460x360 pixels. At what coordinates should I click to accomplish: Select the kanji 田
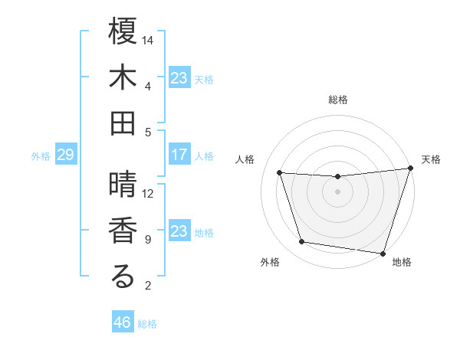123,123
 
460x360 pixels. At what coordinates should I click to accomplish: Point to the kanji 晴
123,185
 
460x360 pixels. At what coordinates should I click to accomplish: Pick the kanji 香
123,231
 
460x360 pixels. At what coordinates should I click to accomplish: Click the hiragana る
123,277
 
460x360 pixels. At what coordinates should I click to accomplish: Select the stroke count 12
149,193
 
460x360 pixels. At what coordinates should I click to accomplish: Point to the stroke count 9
148,240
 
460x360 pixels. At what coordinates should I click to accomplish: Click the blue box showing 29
65,155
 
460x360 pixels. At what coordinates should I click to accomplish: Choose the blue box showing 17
179,155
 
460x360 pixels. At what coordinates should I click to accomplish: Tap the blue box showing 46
123,322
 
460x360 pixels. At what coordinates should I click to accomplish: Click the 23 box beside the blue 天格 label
179,77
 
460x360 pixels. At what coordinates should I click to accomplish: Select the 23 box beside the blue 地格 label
179,231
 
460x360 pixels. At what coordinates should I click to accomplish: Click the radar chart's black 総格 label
338,100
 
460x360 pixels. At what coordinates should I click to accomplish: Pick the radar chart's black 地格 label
402,263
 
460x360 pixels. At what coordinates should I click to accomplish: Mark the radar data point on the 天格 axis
409,169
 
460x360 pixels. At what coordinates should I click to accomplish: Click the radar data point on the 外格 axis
302,242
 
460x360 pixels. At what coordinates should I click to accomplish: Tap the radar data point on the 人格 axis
280,173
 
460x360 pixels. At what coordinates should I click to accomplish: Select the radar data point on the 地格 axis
383,253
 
